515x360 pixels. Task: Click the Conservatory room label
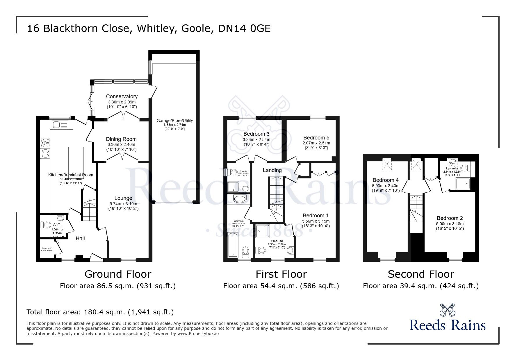pos(122,96)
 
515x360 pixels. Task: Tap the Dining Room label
pos(121,139)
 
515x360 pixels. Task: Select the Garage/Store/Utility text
pos(174,121)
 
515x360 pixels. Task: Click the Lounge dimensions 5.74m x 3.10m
pos(123,204)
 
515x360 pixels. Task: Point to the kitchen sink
pos(60,125)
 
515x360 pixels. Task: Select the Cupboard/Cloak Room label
pos(47,249)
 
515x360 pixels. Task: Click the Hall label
pos(80,239)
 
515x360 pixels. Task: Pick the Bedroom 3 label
pos(256,134)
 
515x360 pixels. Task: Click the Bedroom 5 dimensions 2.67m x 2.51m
pos(316,143)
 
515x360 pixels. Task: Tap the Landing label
pos(272,170)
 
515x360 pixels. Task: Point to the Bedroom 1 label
pos(316,216)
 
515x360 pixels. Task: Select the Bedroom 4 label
pos(386,180)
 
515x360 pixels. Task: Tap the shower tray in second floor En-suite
pos(463,183)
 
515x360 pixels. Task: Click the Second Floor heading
pos(421,274)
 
